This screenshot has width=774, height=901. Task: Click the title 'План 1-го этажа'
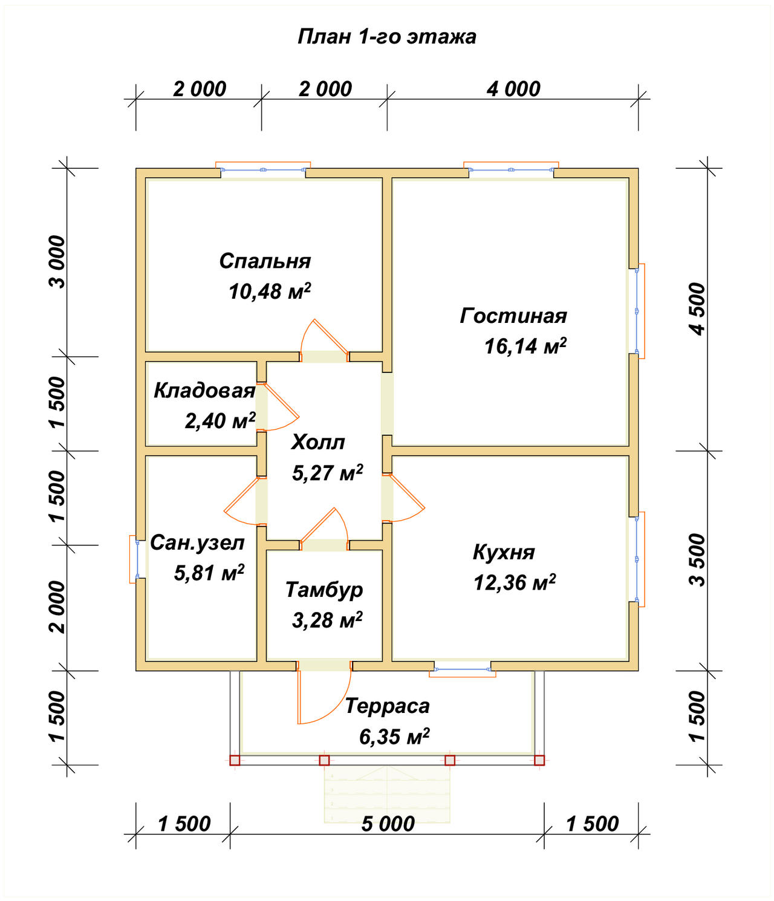click(x=386, y=37)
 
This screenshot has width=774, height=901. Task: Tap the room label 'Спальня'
click(x=265, y=261)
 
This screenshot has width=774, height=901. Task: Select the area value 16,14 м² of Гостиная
click(x=525, y=346)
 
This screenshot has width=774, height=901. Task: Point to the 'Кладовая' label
click(x=204, y=391)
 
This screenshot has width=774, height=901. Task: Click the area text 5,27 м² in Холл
click(x=327, y=472)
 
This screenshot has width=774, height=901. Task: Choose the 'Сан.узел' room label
click(x=197, y=543)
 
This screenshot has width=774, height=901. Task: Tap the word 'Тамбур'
click(x=324, y=590)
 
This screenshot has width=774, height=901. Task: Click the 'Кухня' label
click(x=504, y=552)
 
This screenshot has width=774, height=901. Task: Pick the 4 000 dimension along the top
click(x=513, y=89)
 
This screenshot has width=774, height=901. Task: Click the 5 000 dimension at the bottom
click(x=388, y=824)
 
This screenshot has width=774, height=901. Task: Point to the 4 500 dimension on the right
click(x=697, y=309)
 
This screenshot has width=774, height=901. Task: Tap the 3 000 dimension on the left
click(x=57, y=262)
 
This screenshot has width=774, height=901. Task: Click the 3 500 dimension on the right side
click(x=697, y=560)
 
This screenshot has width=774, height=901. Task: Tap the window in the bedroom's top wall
click(x=263, y=168)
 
